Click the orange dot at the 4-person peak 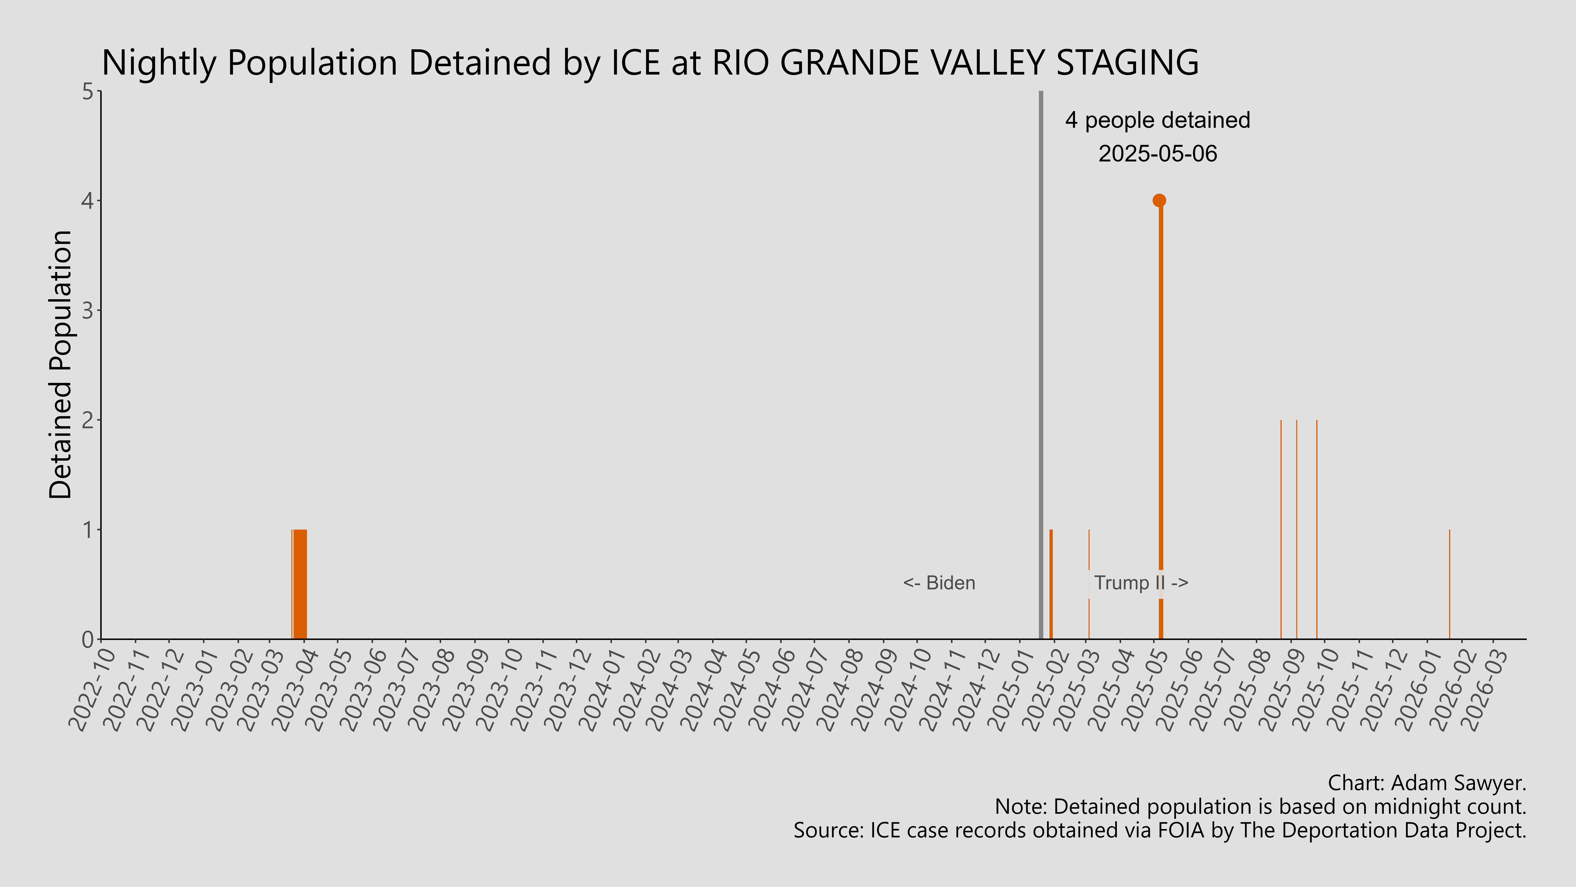pos(1159,200)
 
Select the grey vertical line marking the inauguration pos(1041,367)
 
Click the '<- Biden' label pos(939,583)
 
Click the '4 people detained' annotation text pos(1158,121)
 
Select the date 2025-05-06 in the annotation pos(1158,154)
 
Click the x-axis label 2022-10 pos(93,689)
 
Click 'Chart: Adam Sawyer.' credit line pos(1427,783)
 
